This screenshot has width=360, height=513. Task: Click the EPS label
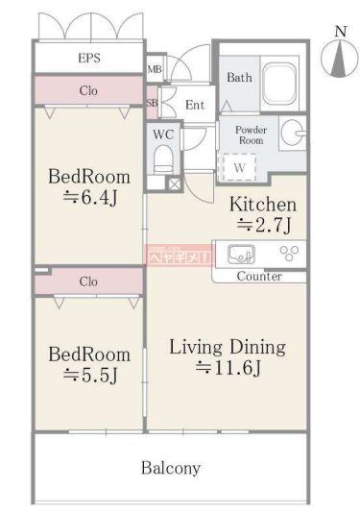[x=88, y=59]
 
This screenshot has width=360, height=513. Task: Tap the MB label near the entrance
[x=153, y=69]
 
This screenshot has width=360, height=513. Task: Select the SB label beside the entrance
[x=152, y=102]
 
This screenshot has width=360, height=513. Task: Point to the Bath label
[x=238, y=76]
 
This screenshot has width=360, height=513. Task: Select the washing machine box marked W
[x=238, y=165]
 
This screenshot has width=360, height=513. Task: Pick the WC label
[x=163, y=134]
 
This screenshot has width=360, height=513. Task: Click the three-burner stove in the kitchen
[x=288, y=254]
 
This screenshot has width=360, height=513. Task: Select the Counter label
[x=258, y=277]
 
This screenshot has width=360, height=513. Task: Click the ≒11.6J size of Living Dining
[x=227, y=368]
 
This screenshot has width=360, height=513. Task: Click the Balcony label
[x=171, y=469]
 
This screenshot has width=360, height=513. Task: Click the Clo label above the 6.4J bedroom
[x=88, y=91]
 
